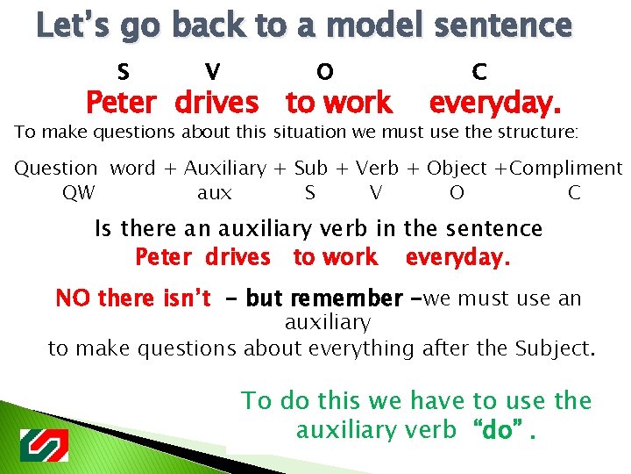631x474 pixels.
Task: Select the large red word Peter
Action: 121,104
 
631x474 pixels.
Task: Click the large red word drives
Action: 216,104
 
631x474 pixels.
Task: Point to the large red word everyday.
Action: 494,104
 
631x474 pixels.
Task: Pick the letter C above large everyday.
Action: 479,71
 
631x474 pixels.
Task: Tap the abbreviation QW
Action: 80,192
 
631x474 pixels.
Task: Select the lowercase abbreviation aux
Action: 215,193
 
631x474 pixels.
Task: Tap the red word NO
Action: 74,298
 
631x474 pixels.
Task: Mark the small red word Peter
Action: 166,257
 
